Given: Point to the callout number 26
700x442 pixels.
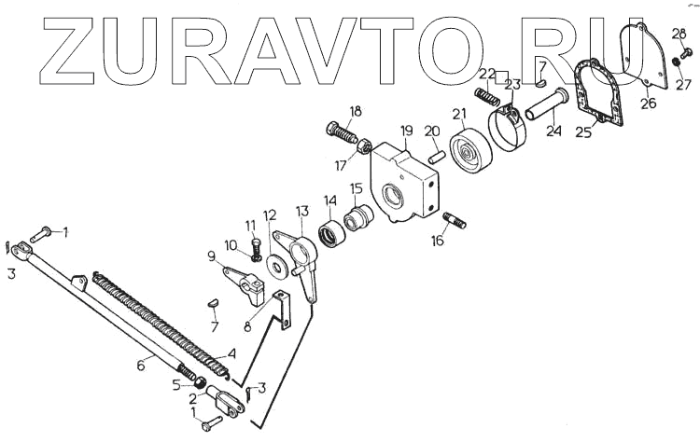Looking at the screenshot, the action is (648, 104).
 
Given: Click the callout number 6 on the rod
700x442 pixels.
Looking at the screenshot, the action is (141, 366).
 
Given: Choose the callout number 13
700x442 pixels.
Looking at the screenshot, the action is (301, 212).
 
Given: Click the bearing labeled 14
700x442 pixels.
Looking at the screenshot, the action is (329, 231).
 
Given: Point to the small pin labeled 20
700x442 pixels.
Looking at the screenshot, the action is (436, 153).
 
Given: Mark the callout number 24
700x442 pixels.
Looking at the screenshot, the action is (554, 131).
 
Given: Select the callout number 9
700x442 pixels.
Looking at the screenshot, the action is (211, 256).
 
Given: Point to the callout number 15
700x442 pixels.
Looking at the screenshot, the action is (357, 188).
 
